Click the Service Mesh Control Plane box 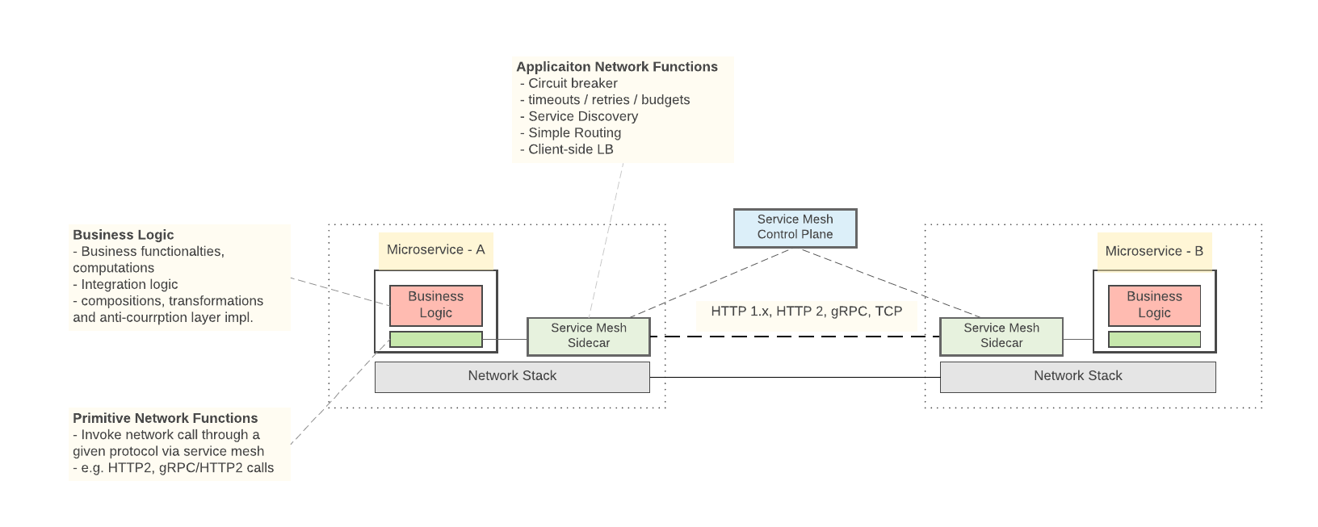tap(795, 228)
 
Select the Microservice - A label tap(435, 250)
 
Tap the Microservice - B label tap(1154, 252)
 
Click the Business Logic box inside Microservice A tap(435, 305)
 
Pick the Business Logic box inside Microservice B tap(1154, 305)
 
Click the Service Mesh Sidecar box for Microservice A tap(588, 336)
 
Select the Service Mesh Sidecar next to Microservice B tap(1001, 336)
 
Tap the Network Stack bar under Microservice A tap(512, 377)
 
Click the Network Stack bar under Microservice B tap(1077, 377)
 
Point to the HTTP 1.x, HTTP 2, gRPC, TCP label tap(806, 312)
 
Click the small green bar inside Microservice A tap(435, 339)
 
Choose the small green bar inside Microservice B tap(1154, 339)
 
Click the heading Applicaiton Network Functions tap(617, 67)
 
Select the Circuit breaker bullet tap(572, 84)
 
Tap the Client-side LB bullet tap(570, 149)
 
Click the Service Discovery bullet tap(582, 116)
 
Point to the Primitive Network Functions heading tap(165, 418)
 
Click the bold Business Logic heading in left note tap(123, 235)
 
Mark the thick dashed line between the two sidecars tap(795, 337)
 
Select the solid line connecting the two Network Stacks tap(795, 377)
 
